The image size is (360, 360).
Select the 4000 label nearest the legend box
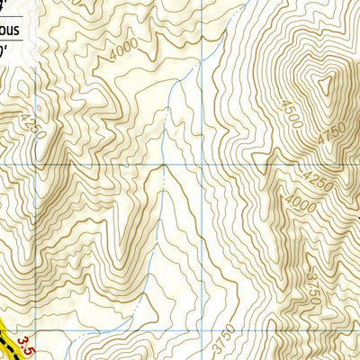(125, 50)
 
